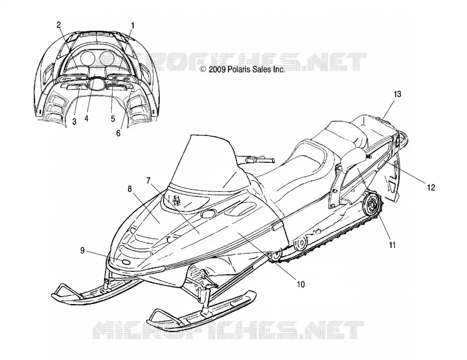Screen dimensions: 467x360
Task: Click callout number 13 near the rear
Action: point(398,95)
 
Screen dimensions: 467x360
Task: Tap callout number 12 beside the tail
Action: point(431,187)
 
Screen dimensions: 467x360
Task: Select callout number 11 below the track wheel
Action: point(392,245)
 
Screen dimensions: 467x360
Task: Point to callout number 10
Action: point(301,284)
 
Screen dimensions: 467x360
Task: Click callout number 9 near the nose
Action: point(82,251)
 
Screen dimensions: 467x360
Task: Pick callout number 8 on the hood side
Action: point(130,189)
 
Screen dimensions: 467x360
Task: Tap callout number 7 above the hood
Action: point(149,180)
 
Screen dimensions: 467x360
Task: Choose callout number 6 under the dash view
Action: point(119,133)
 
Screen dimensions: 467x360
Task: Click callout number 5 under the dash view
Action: point(113,118)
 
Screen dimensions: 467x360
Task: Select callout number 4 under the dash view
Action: point(86,118)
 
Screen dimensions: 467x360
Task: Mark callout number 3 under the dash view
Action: point(74,121)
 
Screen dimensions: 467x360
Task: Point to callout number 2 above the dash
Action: point(59,25)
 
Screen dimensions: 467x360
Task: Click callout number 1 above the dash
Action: point(133,26)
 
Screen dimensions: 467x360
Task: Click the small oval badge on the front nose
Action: point(126,262)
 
